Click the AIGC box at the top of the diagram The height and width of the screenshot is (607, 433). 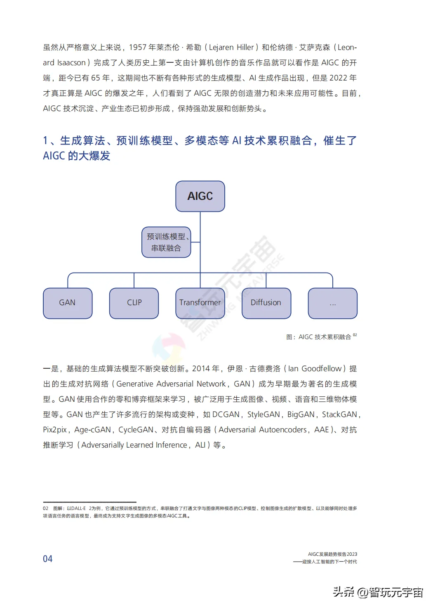[200, 196]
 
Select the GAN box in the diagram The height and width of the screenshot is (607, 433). [68, 303]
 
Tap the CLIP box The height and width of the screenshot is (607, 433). [134, 303]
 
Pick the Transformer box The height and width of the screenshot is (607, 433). [200, 303]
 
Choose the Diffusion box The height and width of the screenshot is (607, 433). [266, 303]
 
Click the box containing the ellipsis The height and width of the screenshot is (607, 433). [332, 303]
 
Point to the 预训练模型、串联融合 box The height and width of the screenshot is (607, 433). [166, 242]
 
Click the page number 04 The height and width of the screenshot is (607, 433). [48, 559]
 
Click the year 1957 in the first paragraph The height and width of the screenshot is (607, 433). [138, 47]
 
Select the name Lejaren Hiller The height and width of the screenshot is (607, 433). [231, 47]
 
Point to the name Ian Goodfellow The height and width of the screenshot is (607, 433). [315, 369]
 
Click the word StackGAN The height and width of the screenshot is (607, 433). [339, 415]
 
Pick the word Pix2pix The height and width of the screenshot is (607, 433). [55, 430]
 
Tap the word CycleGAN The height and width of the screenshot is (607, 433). [136, 430]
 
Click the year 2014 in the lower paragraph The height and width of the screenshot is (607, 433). [201, 369]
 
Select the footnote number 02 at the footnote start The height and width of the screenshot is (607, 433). [45, 508]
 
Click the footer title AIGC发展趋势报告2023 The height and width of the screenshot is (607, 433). [332, 554]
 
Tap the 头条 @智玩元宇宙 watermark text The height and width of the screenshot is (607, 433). [378, 592]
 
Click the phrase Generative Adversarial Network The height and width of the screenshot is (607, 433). [171, 384]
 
